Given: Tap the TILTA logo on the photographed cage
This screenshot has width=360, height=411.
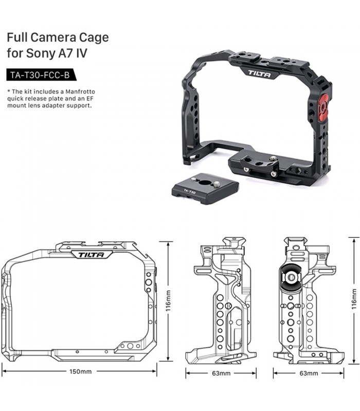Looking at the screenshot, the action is [x=260, y=73].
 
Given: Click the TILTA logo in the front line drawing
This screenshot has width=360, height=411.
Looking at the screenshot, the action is [x=92, y=254].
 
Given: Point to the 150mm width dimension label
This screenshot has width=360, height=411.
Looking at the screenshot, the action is [x=81, y=371].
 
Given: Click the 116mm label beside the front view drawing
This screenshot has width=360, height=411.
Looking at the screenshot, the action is [x=168, y=301].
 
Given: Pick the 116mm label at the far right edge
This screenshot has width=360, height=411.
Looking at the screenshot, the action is [x=354, y=298].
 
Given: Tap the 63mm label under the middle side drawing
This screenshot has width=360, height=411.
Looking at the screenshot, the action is [x=221, y=373].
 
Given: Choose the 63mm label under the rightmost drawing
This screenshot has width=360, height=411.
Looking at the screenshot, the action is [x=309, y=373].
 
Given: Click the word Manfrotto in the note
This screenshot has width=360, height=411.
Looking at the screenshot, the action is [x=80, y=92].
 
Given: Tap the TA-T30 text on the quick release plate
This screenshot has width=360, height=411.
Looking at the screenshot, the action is [x=189, y=191].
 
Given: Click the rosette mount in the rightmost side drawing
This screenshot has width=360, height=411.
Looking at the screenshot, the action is [x=291, y=277].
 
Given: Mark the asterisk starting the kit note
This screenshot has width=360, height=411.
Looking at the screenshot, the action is [x=9, y=91].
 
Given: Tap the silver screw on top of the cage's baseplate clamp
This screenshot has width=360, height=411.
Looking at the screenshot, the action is [x=274, y=159].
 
